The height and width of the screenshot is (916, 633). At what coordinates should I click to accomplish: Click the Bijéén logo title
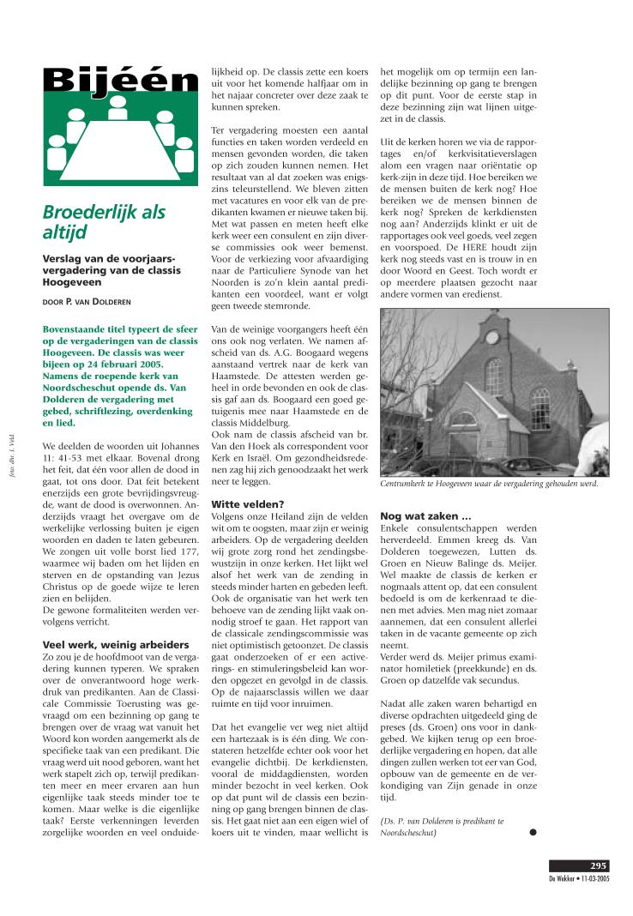click(121, 82)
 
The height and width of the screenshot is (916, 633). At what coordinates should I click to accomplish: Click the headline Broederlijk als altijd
click(104, 222)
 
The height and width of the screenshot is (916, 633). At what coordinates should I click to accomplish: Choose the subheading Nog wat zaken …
click(425, 516)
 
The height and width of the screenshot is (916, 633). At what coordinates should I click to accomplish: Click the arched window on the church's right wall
click(540, 407)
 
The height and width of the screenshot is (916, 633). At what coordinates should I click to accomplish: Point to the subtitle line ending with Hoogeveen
click(73, 281)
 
